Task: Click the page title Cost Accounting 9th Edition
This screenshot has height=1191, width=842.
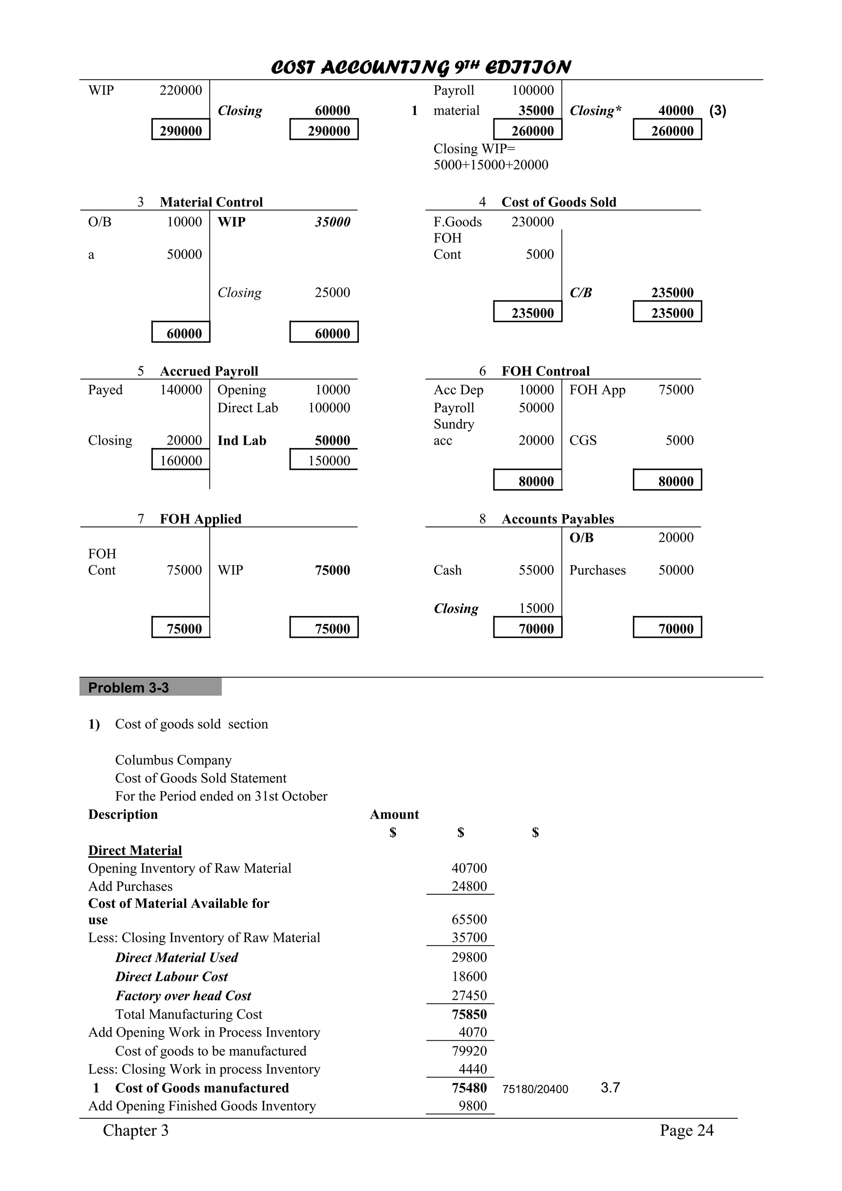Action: (x=421, y=67)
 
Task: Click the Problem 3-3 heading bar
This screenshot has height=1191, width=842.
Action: (x=150, y=687)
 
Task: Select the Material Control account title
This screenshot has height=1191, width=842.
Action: (x=211, y=202)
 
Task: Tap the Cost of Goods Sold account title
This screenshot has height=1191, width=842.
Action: (x=559, y=202)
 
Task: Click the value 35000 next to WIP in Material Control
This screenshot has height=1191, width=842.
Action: (x=333, y=222)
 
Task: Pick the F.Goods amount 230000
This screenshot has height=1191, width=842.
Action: (x=532, y=222)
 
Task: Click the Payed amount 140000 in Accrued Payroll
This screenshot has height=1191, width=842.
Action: (x=180, y=390)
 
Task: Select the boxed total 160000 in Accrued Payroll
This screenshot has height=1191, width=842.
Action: (x=180, y=460)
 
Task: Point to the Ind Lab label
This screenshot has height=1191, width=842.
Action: (x=242, y=441)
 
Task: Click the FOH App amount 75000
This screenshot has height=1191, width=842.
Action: (x=675, y=390)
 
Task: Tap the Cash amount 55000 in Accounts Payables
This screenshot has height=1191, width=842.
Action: (x=536, y=570)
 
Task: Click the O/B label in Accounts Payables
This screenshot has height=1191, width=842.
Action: (x=582, y=538)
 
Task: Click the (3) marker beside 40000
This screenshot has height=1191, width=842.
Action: (x=717, y=111)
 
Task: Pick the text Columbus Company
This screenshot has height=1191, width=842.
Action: (x=173, y=760)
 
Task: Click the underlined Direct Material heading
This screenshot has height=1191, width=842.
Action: (x=135, y=850)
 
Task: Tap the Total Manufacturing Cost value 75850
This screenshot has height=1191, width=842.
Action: (x=469, y=1014)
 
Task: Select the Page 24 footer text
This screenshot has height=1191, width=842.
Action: (x=686, y=1130)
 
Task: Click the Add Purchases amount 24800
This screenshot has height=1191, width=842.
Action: (x=469, y=886)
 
